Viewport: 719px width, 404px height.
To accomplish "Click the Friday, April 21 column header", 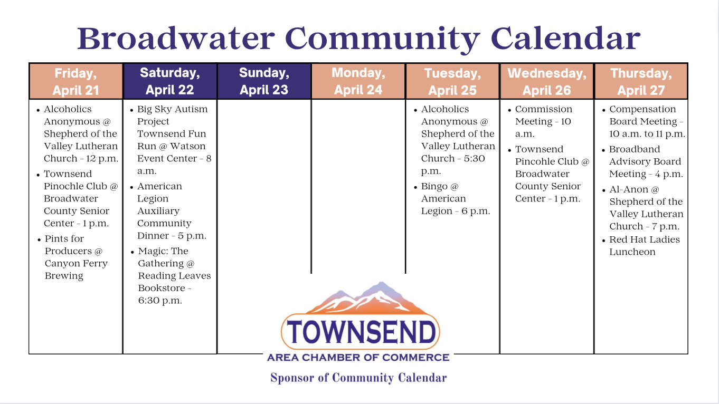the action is (75, 81).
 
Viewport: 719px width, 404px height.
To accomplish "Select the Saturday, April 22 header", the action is (170, 81).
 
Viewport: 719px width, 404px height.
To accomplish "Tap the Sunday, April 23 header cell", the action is (264, 81).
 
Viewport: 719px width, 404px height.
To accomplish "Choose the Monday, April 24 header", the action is (358, 81).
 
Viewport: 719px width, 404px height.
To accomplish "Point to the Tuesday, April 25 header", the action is (452, 81).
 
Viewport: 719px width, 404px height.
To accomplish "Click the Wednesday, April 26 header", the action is (546, 81).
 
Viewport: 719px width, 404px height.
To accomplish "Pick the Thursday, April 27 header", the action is (641, 81).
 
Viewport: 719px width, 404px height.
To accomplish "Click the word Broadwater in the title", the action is (176, 39).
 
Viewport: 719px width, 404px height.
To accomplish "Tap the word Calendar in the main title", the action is (565, 39).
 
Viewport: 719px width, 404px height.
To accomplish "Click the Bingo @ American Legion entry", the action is (452, 198).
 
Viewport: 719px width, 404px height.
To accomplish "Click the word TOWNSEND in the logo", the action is (361, 332).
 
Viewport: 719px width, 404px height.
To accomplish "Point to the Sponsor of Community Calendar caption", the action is (358, 378).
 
